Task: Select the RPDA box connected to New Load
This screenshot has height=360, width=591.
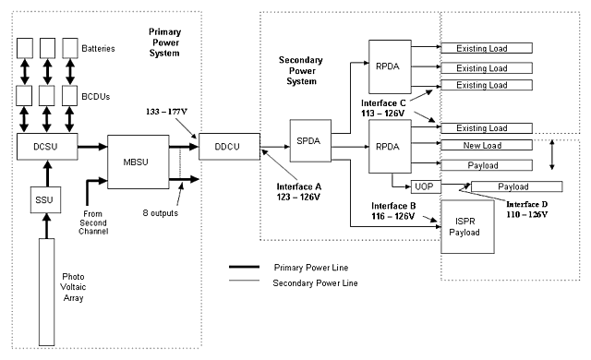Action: coord(389,146)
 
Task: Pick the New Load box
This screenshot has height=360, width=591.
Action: coord(487,146)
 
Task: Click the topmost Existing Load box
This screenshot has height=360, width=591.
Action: coord(487,48)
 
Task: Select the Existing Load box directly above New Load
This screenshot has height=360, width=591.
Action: coord(487,128)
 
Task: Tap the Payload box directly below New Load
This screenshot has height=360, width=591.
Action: coord(487,165)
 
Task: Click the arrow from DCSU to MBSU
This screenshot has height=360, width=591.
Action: coord(91,146)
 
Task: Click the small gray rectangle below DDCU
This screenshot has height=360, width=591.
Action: coord(244,280)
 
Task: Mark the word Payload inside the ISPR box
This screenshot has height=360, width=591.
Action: coord(465,233)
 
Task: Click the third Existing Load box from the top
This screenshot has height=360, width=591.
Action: coord(487,86)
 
